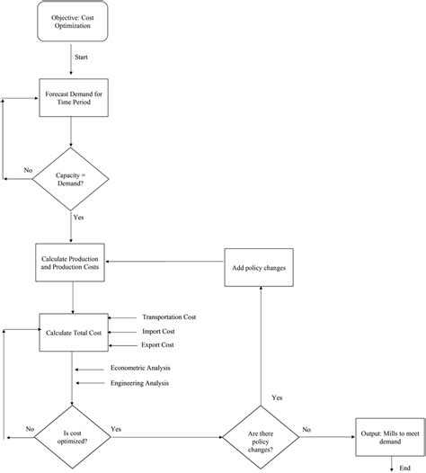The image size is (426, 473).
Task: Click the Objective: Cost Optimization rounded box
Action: pos(73,22)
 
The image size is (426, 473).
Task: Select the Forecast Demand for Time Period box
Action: pos(73,100)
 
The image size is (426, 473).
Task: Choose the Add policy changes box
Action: pos(261,269)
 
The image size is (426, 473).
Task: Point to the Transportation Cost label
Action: pos(171,317)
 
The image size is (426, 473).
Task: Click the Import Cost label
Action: pos(160,331)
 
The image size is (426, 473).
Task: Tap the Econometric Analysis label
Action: pos(140,368)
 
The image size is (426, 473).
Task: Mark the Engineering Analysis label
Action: pos(140,383)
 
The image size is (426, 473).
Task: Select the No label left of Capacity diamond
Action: pos(29,168)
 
